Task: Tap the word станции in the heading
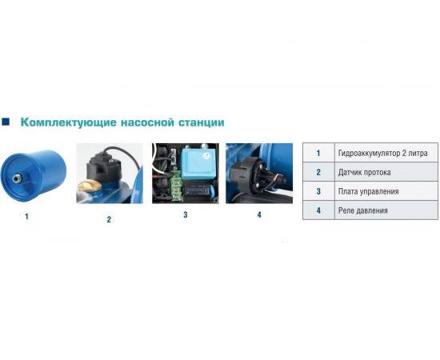[x=199, y=122]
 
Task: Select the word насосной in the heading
[x=141, y=122]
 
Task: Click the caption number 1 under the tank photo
[x=26, y=217]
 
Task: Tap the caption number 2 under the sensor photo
[x=109, y=219]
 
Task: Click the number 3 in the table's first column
[x=318, y=192]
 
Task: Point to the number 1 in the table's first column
[x=318, y=154]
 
